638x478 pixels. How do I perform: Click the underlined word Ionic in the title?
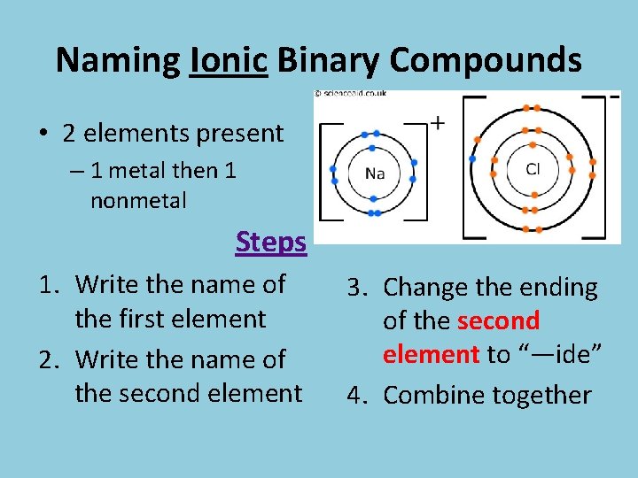point(229,60)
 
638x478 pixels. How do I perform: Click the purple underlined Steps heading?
point(271,242)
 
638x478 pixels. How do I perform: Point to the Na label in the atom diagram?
point(375,173)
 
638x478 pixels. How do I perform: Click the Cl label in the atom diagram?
point(533,168)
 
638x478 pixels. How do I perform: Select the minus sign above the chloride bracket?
point(613,96)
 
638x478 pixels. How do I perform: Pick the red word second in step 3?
point(499,321)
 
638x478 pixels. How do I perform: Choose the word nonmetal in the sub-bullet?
point(138,201)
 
